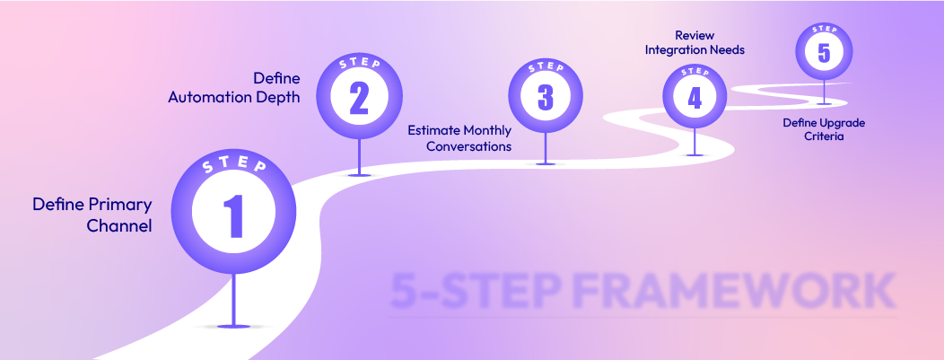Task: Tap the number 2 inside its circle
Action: click(358, 100)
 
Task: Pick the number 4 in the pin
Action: click(695, 97)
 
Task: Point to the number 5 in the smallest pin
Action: click(824, 52)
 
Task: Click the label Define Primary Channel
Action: click(92, 215)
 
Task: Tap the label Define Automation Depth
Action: click(234, 88)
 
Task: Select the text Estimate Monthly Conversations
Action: click(459, 137)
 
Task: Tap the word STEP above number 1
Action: click(232, 168)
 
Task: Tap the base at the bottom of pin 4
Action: click(695, 154)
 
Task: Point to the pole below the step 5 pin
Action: click(824, 91)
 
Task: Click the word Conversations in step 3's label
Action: click(468, 145)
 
